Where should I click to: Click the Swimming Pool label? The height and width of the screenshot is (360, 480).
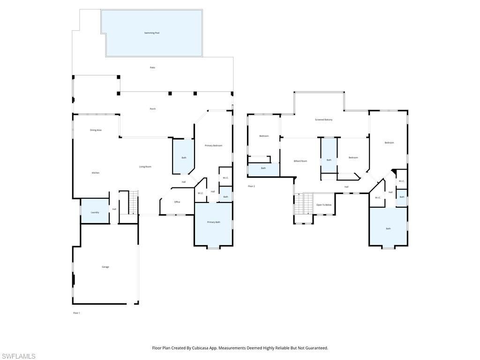point(151,33)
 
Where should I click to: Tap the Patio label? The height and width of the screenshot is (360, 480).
point(152,67)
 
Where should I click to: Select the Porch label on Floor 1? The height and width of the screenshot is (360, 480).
point(153,109)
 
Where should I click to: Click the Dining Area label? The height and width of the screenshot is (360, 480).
point(96,130)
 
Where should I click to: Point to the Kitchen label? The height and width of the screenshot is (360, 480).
point(96,173)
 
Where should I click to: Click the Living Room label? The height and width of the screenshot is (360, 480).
point(145,167)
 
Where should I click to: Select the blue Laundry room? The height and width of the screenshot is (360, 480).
point(95,211)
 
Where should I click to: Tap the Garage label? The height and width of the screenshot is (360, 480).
point(105,267)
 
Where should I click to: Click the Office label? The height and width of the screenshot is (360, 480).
point(177,202)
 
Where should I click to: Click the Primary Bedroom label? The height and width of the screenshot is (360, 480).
point(213,146)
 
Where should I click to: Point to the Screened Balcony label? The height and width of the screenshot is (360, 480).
point(323,120)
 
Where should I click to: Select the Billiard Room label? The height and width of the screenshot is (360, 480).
point(300,161)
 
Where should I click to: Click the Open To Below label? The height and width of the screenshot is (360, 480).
point(324,205)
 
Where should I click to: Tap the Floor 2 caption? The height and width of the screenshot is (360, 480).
point(251,187)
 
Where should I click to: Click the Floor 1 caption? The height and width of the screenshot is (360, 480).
point(76,313)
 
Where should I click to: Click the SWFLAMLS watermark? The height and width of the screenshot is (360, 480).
point(18,356)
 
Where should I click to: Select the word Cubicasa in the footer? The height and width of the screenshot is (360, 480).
point(196,348)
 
